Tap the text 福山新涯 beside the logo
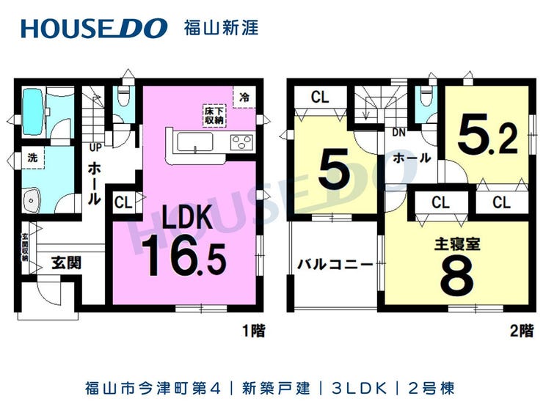pyautogui.click(x=221, y=29)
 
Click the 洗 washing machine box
pyautogui.click(x=33, y=157)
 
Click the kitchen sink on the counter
pyautogui.click(x=194, y=142)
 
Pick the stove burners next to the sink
pyautogui.click(x=241, y=142)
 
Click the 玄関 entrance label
pyautogui.click(x=67, y=263)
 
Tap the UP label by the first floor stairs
pyautogui.click(x=95, y=147)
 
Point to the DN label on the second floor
pyautogui.click(x=399, y=133)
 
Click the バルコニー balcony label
pyautogui.click(x=335, y=265)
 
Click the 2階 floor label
pyautogui.click(x=522, y=331)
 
